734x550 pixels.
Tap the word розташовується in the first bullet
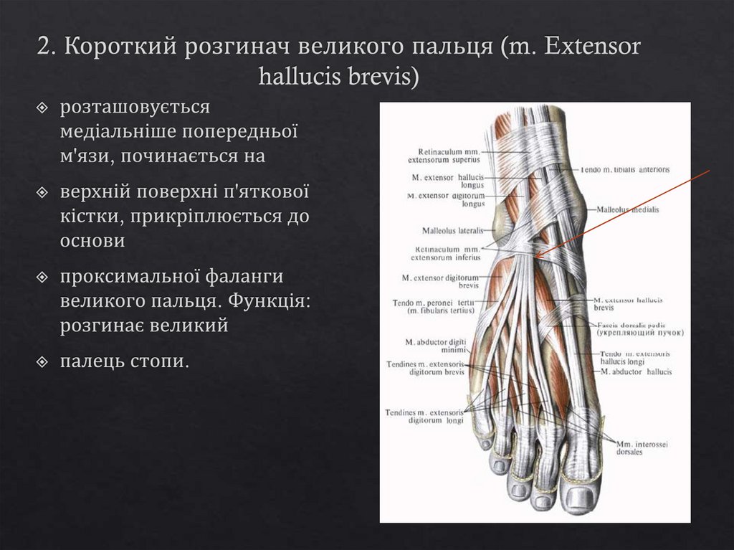[x=135, y=108]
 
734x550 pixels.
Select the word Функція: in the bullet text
[x=266, y=300]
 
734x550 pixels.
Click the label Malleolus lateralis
[x=453, y=231]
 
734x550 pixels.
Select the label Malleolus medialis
[x=627, y=209]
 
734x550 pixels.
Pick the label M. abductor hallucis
[x=636, y=372]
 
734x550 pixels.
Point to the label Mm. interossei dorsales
[x=642, y=448]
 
